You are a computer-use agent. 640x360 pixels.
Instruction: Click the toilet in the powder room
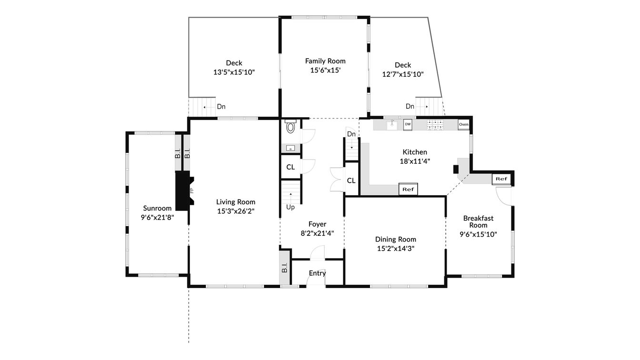click(290, 128)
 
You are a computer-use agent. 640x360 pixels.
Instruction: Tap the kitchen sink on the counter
click(392, 125)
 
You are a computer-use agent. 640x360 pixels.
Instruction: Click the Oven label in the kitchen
click(463, 125)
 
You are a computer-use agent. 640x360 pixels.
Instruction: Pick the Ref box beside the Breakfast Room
click(501, 179)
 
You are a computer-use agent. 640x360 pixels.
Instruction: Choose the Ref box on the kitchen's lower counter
click(408, 189)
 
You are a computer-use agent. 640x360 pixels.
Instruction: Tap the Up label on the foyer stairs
click(290, 207)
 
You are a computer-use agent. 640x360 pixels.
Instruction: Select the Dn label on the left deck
click(221, 107)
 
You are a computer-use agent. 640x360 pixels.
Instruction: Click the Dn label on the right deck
click(410, 107)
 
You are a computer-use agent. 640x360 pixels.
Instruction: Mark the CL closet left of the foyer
click(290, 167)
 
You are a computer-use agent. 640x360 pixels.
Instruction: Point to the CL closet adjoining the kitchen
click(351, 180)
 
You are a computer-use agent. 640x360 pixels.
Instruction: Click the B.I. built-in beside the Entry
click(285, 268)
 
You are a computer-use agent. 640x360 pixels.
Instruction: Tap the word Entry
click(317, 273)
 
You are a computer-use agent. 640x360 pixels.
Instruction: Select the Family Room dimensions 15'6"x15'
click(325, 70)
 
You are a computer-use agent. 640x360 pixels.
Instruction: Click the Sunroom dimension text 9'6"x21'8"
click(157, 217)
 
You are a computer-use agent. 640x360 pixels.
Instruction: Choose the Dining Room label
click(395, 240)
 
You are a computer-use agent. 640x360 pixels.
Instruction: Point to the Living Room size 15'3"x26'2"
click(236, 211)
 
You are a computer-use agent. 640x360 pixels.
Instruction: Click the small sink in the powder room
click(290, 149)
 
